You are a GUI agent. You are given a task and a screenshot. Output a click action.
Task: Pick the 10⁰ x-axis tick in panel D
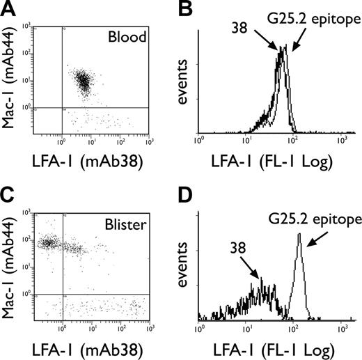pos(200,327)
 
